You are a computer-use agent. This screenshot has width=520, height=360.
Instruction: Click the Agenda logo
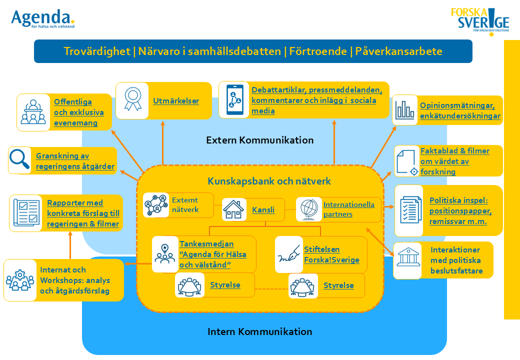tap(42, 18)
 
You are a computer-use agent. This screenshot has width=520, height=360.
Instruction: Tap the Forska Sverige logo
tap(480, 21)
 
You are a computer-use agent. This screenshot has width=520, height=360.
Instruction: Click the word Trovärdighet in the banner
tap(97, 51)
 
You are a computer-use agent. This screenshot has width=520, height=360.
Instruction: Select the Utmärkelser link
tap(176, 101)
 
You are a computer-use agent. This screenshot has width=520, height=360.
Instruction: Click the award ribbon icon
tap(132, 99)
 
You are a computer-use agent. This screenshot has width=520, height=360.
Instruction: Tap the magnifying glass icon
tap(19, 159)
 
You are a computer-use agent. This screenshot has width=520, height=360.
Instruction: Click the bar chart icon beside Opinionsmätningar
tap(404, 109)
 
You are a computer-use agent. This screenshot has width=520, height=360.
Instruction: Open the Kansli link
tap(263, 210)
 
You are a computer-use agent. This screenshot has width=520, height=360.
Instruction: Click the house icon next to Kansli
tap(234, 209)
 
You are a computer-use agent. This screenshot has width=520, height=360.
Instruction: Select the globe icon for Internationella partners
tap(309, 209)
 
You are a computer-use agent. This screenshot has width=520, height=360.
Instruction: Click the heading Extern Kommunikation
tap(259, 140)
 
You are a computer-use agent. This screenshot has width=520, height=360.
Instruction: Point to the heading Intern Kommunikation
tap(259, 331)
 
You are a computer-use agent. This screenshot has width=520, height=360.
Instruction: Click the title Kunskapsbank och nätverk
tap(269, 181)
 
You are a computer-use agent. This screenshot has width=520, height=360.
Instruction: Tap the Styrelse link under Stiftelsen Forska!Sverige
tap(338, 285)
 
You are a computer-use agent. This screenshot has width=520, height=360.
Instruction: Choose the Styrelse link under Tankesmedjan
tap(225, 285)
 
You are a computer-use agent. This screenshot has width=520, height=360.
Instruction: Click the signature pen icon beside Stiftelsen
tap(289, 254)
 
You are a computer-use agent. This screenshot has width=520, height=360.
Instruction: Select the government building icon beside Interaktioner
tap(407, 257)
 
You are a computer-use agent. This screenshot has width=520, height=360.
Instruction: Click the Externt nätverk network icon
tap(156, 205)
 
